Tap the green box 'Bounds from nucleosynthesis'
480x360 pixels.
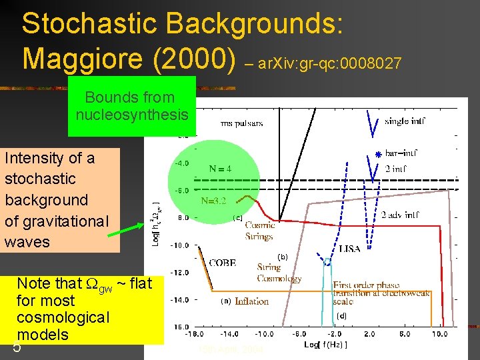point(131,106)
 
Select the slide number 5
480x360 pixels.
point(17,347)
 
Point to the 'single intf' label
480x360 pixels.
point(404,121)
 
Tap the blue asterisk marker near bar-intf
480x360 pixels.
point(377,155)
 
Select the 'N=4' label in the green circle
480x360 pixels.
point(220,169)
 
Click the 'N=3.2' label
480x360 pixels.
point(215,200)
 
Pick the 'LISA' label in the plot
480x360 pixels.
point(349,249)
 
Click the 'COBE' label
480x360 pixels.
point(222,263)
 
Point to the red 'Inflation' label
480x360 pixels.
point(251,301)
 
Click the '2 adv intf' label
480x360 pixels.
point(401,215)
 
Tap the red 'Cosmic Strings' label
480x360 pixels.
point(259,231)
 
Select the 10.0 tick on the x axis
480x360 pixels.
point(439,334)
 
